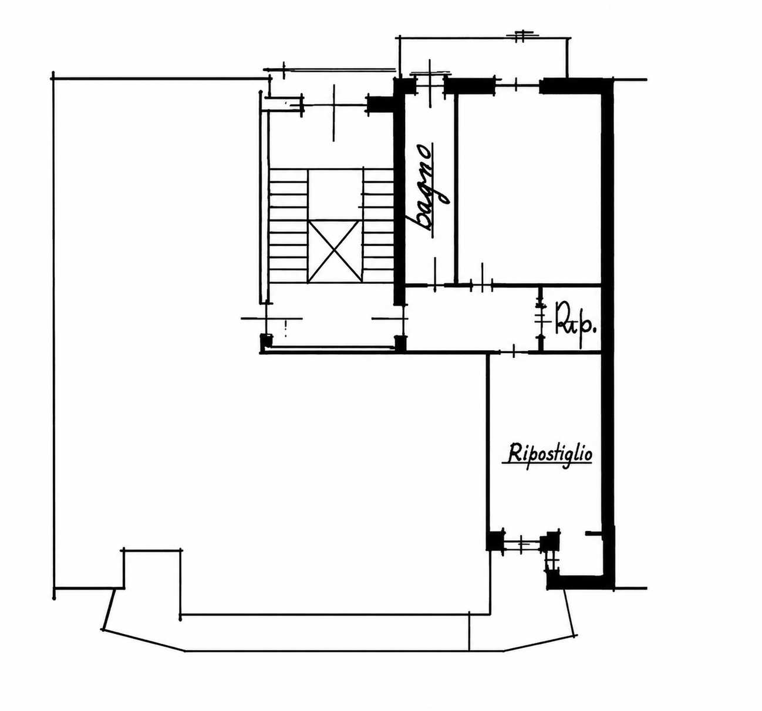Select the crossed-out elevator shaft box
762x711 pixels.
pyautogui.click(x=335, y=251)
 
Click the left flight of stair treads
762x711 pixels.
pyautogui.click(x=288, y=225)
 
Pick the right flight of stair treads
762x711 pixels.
pyautogui.click(x=378, y=225)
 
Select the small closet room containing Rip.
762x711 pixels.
pyautogui.click(x=572, y=319)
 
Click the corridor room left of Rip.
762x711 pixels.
pyautogui.click(x=473, y=319)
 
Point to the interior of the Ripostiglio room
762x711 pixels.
pyautogui.click(x=545, y=441)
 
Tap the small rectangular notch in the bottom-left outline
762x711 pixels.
pyautogui.click(x=152, y=569)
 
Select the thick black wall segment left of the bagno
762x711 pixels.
pyautogui.click(x=399, y=192)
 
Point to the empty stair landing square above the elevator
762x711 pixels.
pyautogui.click(x=335, y=194)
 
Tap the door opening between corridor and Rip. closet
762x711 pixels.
pyautogui.click(x=541, y=319)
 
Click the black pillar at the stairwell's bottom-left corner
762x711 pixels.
pyautogui.click(x=265, y=342)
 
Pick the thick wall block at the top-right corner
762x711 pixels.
pyautogui.click(x=571, y=86)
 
